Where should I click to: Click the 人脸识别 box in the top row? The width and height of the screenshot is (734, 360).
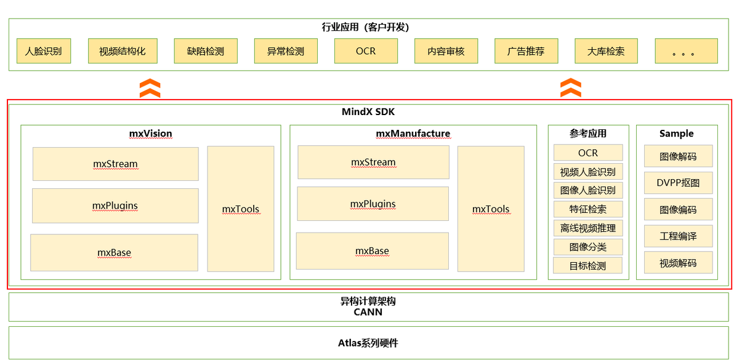[43, 52]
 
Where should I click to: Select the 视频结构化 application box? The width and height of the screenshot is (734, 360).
[123, 52]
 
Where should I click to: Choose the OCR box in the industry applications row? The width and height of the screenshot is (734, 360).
[366, 52]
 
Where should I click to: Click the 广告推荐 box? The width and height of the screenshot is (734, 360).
[526, 52]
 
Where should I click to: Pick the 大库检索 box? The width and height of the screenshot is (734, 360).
[606, 52]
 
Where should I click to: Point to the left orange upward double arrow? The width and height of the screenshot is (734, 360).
[150, 88]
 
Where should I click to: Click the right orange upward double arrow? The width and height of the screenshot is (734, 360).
[571, 88]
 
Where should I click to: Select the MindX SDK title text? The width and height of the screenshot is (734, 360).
[368, 112]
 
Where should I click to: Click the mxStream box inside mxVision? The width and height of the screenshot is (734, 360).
[115, 164]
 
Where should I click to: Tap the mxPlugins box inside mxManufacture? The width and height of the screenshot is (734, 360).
[373, 204]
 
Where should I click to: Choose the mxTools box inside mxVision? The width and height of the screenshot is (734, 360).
[241, 209]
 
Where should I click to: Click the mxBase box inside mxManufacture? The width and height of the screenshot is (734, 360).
[372, 251]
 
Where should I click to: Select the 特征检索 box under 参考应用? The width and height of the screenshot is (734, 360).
[588, 209]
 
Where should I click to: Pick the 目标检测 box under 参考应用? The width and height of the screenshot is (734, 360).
[588, 266]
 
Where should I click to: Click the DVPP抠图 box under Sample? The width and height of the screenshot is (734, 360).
[678, 183]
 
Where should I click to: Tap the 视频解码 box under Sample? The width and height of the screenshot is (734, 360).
[678, 263]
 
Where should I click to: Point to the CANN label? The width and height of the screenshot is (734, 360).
[368, 312]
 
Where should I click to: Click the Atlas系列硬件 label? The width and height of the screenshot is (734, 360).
[368, 343]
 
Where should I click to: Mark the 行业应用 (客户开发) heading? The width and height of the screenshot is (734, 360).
[366, 27]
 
